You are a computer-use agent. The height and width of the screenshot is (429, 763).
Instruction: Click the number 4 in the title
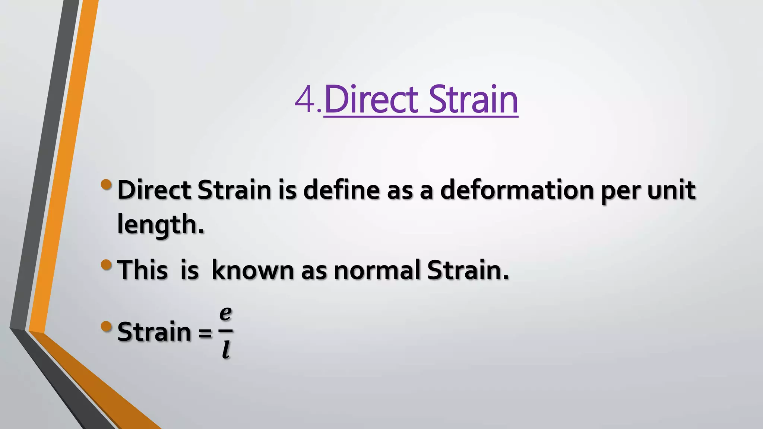tap(305, 100)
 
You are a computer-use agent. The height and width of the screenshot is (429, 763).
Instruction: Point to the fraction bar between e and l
tap(225, 330)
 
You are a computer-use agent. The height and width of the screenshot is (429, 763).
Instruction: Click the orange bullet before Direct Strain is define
tap(106, 184)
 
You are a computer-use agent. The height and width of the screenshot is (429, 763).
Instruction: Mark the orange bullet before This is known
tap(106, 265)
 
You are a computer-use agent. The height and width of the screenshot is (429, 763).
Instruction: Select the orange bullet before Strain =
tap(106, 327)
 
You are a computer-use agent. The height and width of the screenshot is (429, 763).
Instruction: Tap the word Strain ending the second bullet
tap(467, 270)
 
